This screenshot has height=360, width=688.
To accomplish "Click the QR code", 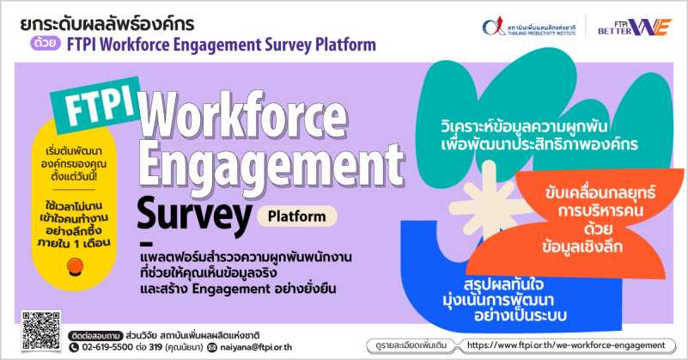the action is click(x=41, y=331).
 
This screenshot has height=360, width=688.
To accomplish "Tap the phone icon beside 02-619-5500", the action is click(x=74, y=347).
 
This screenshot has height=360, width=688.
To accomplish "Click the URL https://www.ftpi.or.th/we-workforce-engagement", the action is click(x=566, y=345).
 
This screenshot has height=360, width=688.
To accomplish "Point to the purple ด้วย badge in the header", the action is click(x=46, y=43).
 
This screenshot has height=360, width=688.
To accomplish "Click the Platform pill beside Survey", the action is click(x=297, y=217).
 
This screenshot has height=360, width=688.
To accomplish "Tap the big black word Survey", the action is click(x=194, y=214).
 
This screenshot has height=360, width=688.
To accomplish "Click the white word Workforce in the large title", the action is click(x=244, y=114).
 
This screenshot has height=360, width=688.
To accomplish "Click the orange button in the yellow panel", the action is click(x=75, y=266).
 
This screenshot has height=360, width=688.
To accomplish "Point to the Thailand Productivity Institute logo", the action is click(x=529, y=27).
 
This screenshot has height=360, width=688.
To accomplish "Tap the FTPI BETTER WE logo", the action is click(x=634, y=27).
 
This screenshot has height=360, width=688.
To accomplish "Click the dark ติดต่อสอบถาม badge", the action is click(x=95, y=336).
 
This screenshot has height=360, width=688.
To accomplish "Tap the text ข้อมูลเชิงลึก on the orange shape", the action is click(x=582, y=247).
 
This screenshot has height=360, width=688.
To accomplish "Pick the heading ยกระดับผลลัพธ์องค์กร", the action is click(x=107, y=24).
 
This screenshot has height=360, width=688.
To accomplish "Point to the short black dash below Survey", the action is click(x=146, y=244).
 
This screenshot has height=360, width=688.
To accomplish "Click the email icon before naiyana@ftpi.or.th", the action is click(x=212, y=348).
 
